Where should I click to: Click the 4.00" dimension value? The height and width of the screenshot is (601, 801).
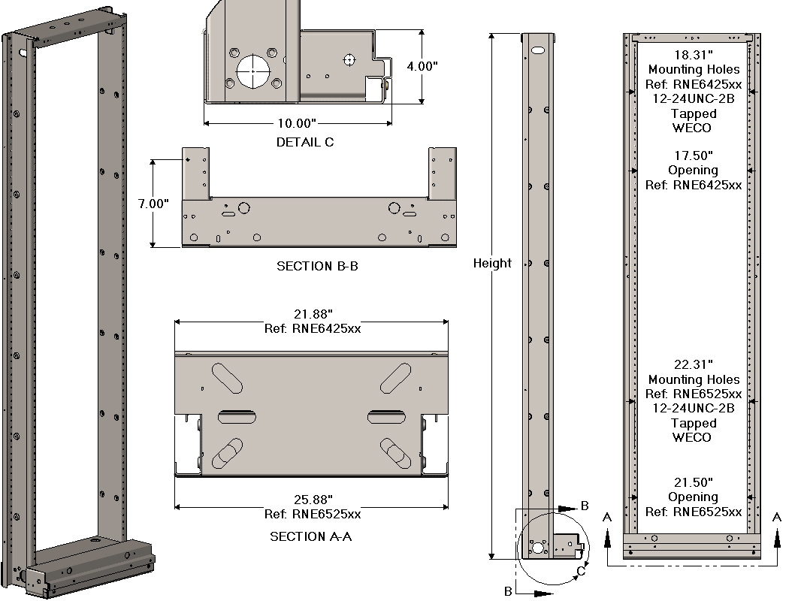coord(422,66)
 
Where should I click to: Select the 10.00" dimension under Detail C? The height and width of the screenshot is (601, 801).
coord(297,123)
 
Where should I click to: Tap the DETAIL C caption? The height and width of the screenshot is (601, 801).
coord(305,142)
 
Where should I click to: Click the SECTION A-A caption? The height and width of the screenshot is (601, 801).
coord(311,536)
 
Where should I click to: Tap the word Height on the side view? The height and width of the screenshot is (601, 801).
coord(492,263)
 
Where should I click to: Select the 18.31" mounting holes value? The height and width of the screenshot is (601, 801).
coord(693,55)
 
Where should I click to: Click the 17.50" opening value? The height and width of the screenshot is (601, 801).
coord(693,156)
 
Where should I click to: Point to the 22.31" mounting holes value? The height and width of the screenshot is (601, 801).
coord(693,365)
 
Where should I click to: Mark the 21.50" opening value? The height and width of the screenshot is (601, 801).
coord(693,482)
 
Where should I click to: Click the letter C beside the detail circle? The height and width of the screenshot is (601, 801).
coord(581,572)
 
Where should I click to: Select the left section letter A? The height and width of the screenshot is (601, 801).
coord(607,517)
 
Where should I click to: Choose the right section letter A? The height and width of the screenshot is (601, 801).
coord(777,517)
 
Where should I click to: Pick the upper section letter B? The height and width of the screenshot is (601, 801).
coord(585,506)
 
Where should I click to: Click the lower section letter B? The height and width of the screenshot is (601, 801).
coord(508,592)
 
